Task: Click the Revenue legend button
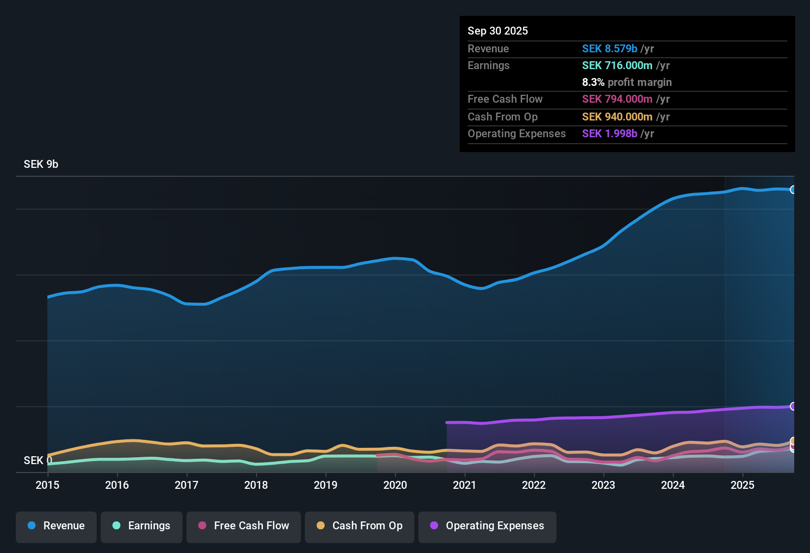coord(56,526)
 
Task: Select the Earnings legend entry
coord(142,526)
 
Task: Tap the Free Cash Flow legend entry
coord(244,526)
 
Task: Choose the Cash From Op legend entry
coord(360,526)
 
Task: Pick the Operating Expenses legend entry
coord(487,526)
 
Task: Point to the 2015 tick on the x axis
coord(47,485)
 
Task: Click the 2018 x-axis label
coord(256,485)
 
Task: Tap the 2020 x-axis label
coord(395,485)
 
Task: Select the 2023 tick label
coord(603,485)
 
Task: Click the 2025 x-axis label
coord(742,485)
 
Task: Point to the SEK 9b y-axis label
coord(41,164)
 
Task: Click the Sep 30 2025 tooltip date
coord(498,31)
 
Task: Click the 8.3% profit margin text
coord(626,82)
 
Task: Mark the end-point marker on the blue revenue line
coord(793,190)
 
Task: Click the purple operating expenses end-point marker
coord(793,406)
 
